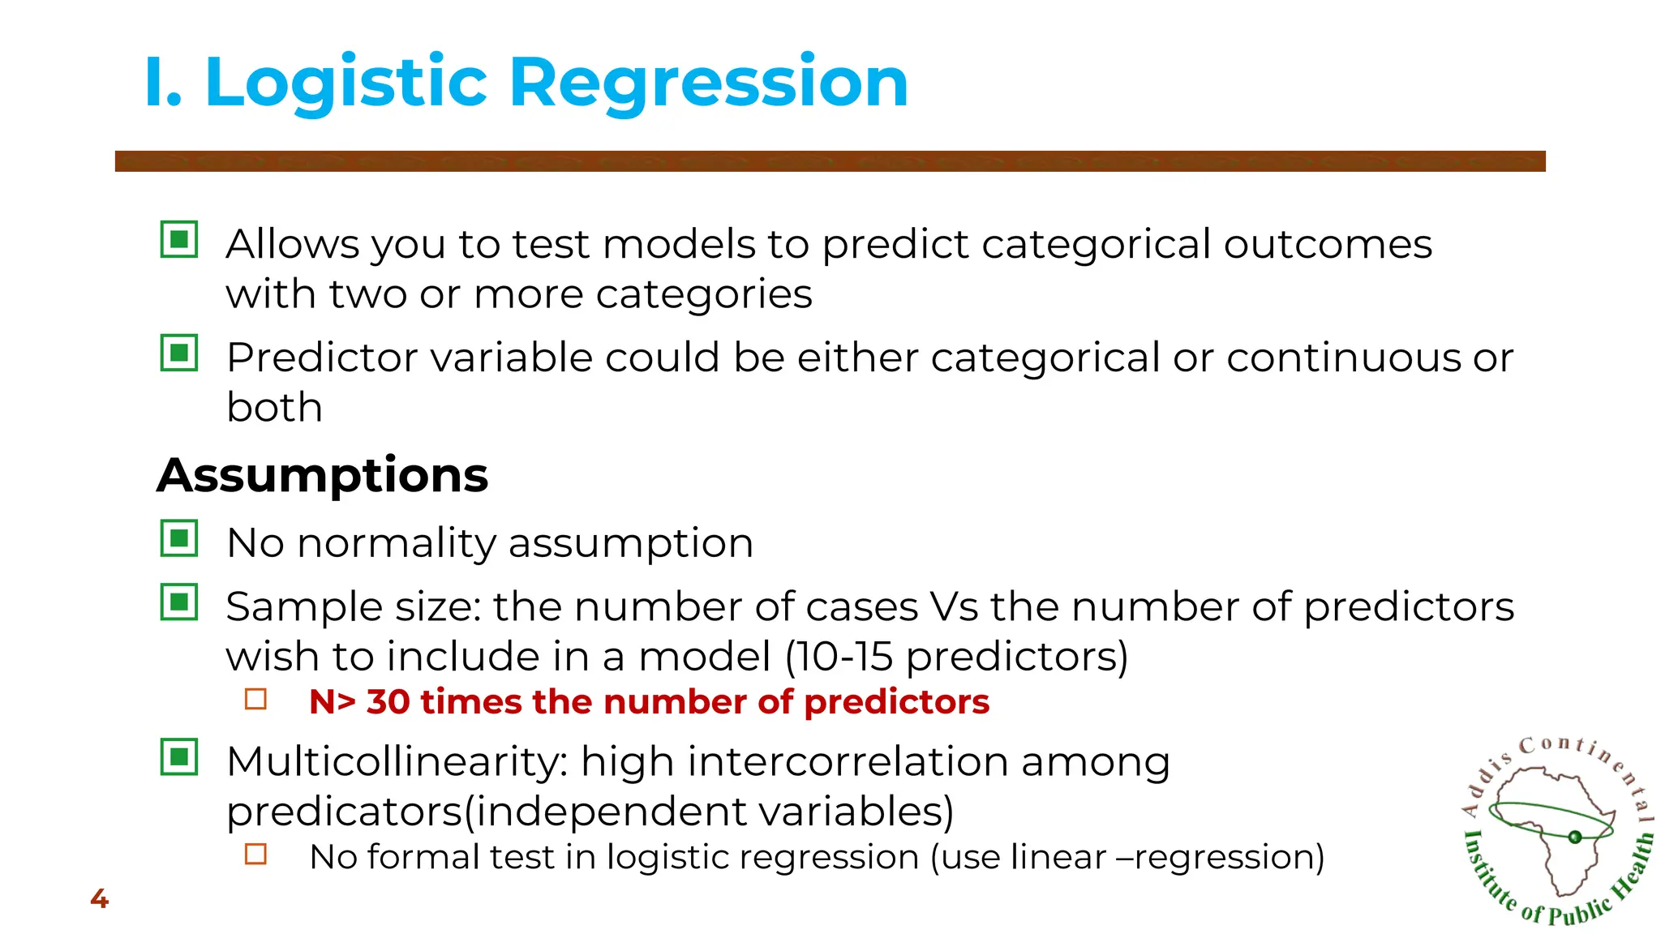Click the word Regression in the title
tap(708, 83)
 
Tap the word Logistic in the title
tap(346, 83)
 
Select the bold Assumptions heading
tap(323, 475)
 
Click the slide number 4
tap(99, 898)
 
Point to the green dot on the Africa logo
tap(1574, 837)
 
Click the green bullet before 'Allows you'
tap(179, 240)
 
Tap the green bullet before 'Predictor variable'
tap(179, 353)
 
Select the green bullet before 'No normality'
tap(179, 538)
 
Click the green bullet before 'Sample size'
tap(179, 602)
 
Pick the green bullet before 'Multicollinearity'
tap(179, 757)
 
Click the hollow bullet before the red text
tap(255, 699)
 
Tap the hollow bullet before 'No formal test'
tap(255, 854)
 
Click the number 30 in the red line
tap(388, 702)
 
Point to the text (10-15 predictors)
tap(956, 657)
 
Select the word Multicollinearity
tap(397, 763)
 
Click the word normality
tap(397, 543)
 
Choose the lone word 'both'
tap(274, 407)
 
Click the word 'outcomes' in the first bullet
tap(1328, 244)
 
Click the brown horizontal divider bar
tap(830, 161)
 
